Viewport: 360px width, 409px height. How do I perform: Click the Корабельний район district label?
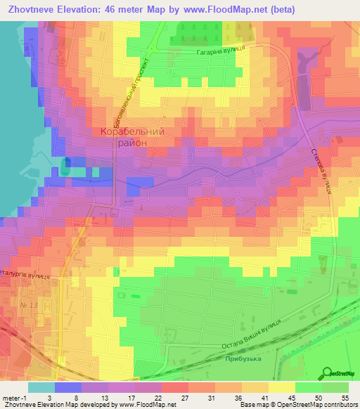click(x=132, y=136)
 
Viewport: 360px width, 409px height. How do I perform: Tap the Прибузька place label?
click(x=244, y=358)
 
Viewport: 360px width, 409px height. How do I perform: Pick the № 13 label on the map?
click(x=28, y=305)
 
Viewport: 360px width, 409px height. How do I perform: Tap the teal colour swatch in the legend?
click(x=41, y=387)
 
